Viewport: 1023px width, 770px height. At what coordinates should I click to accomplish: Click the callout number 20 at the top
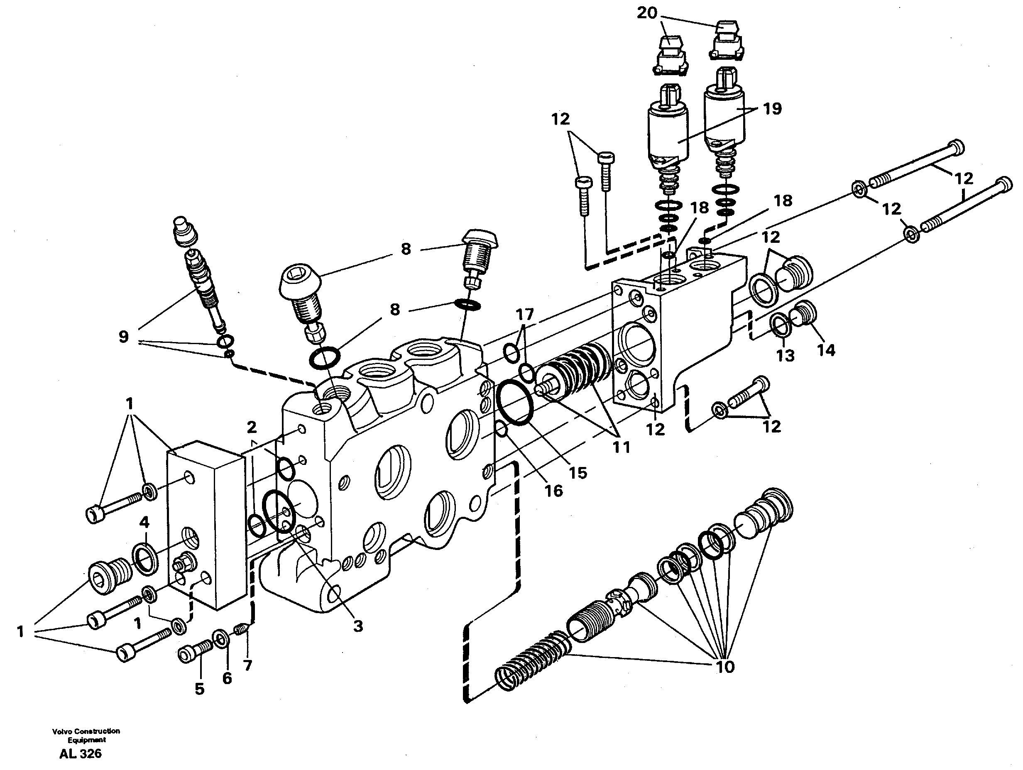pyautogui.click(x=646, y=14)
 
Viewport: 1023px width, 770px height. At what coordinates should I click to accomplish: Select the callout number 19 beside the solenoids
pyautogui.click(x=772, y=109)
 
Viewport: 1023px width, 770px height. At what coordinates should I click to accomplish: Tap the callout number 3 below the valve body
pyautogui.click(x=358, y=627)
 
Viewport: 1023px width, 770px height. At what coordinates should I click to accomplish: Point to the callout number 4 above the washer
pyautogui.click(x=144, y=523)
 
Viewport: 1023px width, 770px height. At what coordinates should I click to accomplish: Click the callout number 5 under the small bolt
pyautogui.click(x=199, y=689)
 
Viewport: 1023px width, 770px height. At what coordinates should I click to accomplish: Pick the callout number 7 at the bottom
pyautogui.click(x=247, y=665)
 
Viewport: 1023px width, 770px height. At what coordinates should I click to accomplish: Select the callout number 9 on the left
pyautogui.click(x=123, y=337)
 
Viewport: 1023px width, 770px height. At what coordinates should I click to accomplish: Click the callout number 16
pyautogui.click(x=553, y=491)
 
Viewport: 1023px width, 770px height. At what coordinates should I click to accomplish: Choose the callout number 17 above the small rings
pyautogui.click(x=525, y=315)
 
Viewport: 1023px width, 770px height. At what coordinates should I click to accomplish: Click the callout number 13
pyautogui.click(x=785, y=355)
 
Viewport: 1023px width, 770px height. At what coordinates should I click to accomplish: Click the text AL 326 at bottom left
pyautogui.click(x=81, y=754)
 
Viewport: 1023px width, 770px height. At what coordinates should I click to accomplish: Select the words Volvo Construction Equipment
pyautogui.click(x=86, y=735)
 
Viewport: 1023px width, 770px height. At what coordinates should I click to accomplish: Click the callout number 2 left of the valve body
pyautogui.click(x=251, y=426)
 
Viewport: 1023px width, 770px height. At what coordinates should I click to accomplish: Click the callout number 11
pyautogui.click(x=621, y=447)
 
